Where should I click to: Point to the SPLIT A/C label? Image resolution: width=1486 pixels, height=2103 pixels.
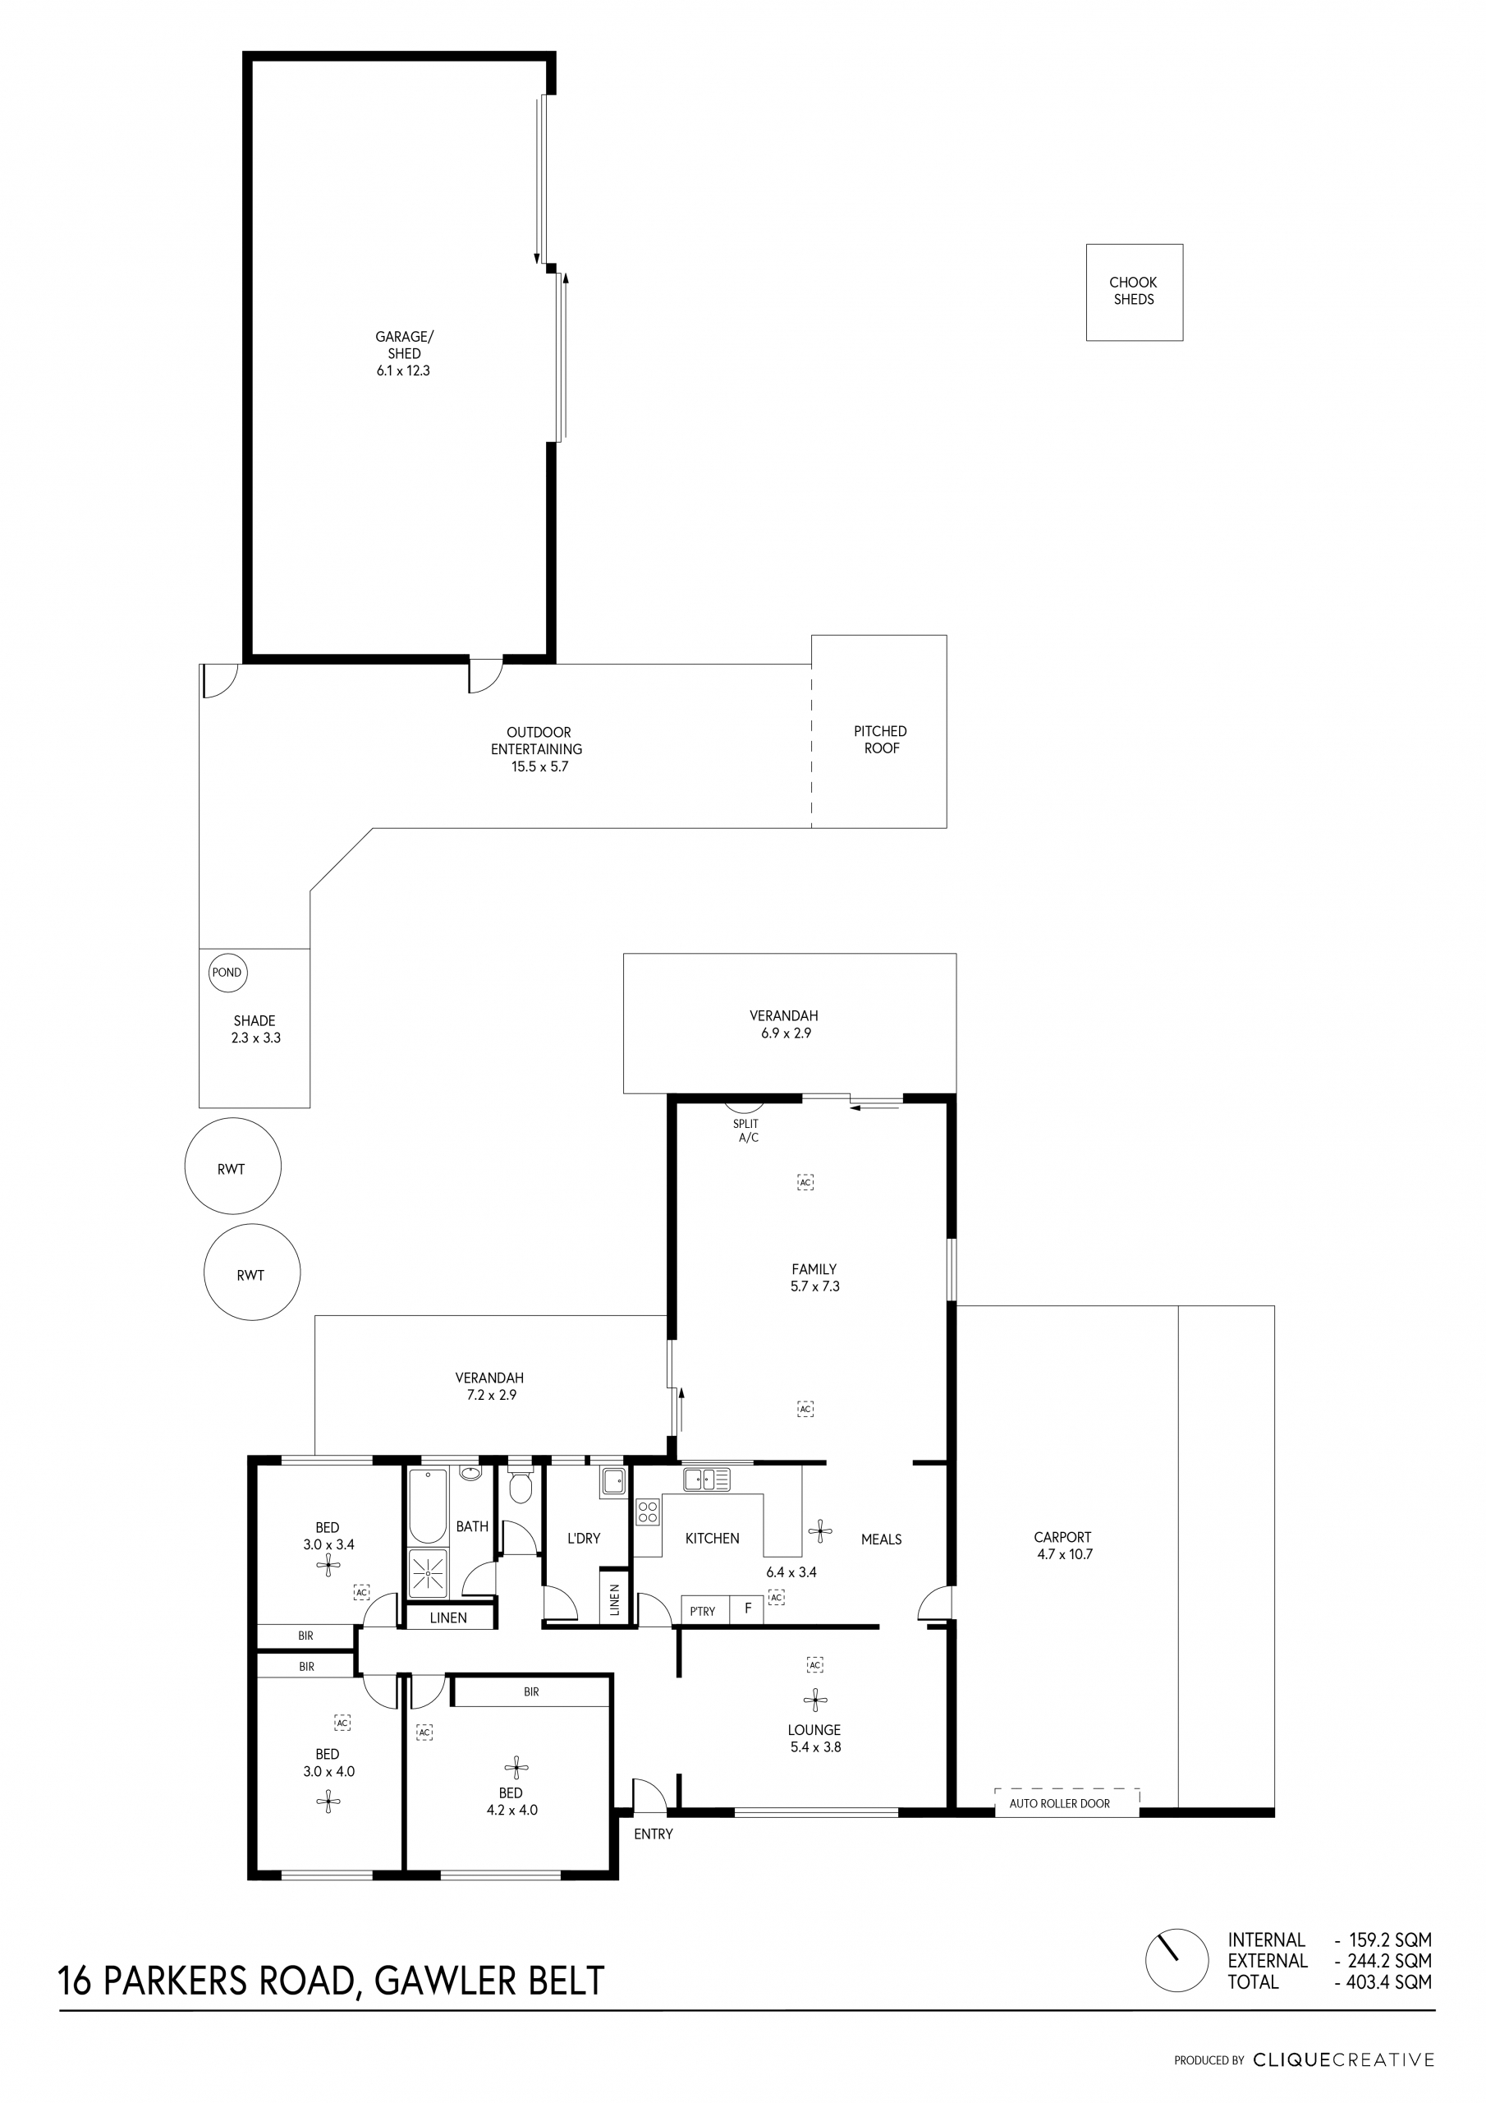click(x=747, y=1130)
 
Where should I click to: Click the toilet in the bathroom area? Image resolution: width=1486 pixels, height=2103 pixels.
click(x=519, y=1487)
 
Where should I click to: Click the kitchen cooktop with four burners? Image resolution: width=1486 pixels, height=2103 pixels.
click(x=647, y=1512)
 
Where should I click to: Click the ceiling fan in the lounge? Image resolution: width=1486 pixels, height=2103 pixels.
click(x=815, y=1700)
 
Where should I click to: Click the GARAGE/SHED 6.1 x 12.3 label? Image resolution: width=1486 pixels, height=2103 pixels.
click(x=404, y=353)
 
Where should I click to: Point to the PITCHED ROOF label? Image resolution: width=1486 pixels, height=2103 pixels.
click(x=881, y=739)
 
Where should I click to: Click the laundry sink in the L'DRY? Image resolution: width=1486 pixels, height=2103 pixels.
click(x=613, y=1481)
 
